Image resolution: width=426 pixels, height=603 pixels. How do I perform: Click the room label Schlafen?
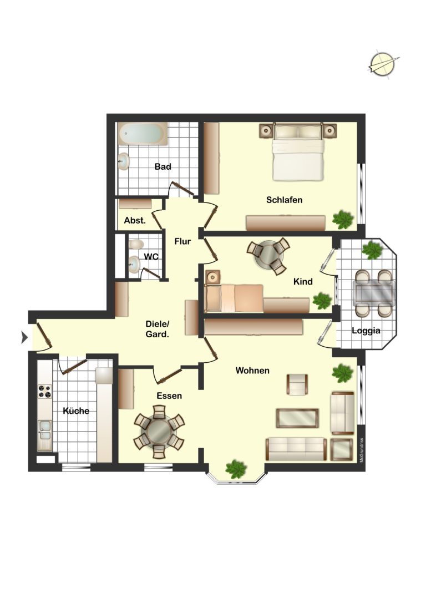tap(284, 200)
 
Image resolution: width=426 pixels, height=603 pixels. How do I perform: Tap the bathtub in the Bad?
tap(143, 134)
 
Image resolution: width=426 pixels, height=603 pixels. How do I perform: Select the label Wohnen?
tap(252, 371)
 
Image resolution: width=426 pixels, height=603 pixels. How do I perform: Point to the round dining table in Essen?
tap(159, 432)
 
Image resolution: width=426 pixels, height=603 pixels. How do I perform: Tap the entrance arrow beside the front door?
tap(24, 338)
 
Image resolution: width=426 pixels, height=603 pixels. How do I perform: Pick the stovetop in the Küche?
tap(44, 392)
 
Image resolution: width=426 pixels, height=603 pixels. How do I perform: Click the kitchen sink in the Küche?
tap(44, 430)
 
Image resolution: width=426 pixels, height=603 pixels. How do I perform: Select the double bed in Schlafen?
tap(298, 153)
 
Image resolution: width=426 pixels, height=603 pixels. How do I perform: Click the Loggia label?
tap(366, 331)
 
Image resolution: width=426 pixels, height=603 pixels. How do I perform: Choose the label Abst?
tap(135, 221)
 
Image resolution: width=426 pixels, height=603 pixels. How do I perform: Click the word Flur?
tap(182, 241)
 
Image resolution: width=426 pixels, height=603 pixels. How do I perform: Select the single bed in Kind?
tap(234, 298)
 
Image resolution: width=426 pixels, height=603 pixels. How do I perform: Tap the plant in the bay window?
tap(236, 469)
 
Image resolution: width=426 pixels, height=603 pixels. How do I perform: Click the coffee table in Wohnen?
tap(297, 418)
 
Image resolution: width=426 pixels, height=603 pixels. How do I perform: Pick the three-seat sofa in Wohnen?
tap(296, 449)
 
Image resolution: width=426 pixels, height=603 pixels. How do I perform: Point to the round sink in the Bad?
tap(124, 161)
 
